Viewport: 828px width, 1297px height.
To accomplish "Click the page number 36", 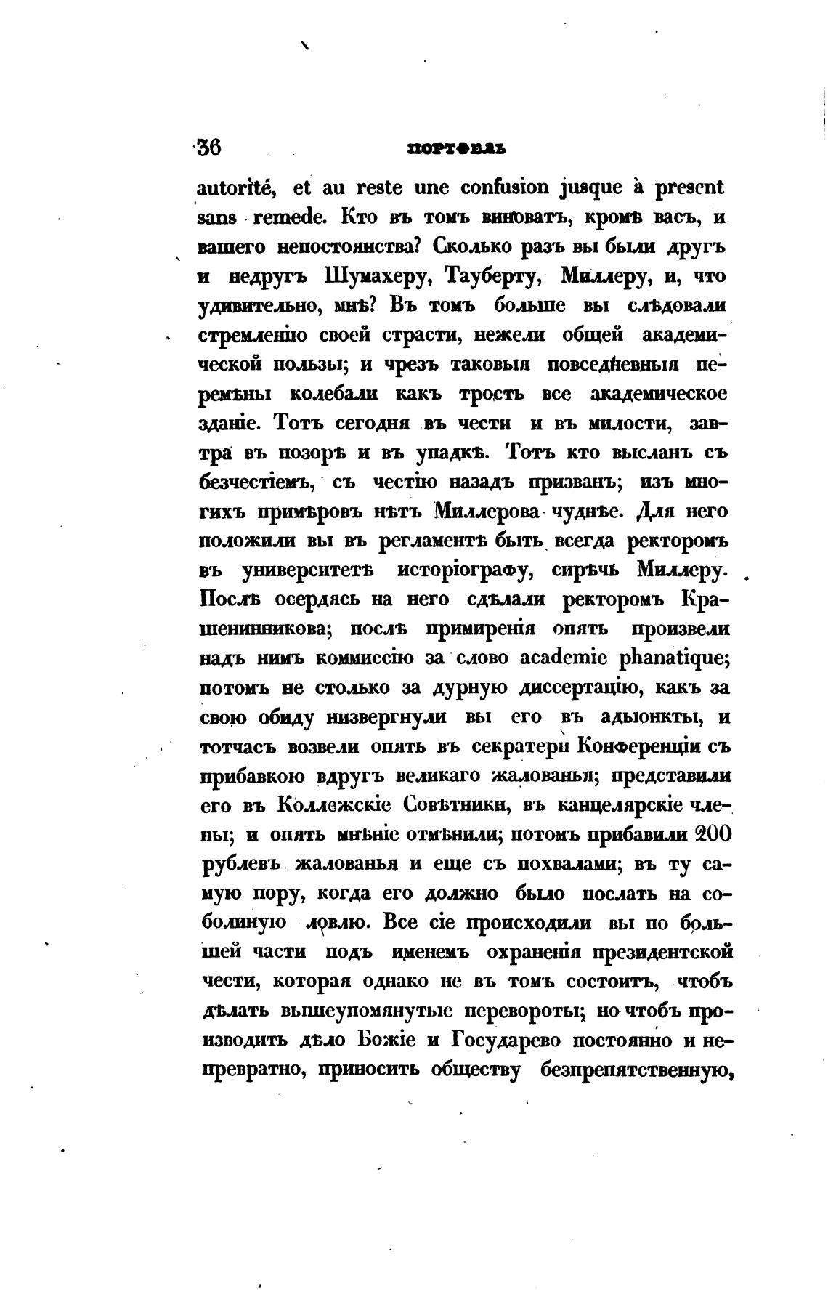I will pos(208,147).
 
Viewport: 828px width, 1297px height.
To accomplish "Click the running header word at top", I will pos(457,148).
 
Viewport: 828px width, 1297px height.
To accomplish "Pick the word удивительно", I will pos(253,306).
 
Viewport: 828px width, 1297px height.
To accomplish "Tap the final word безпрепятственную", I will pos(636,1070).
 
